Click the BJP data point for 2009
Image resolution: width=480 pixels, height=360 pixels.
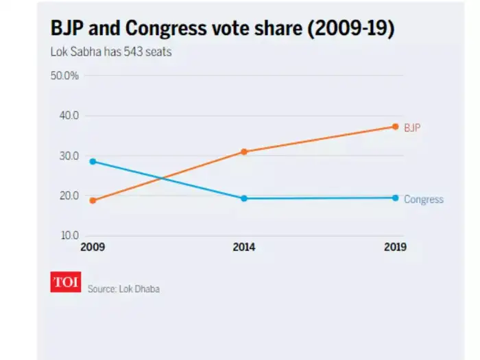pos(93,200)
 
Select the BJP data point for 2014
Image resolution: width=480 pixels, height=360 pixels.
pos(243,152)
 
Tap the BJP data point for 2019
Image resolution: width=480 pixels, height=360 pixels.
pos(395,126)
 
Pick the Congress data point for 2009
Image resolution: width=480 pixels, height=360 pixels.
pos(93,161)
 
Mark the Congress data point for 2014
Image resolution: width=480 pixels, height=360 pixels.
pos(243,198)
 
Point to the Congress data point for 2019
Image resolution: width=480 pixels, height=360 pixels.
pos(395,197)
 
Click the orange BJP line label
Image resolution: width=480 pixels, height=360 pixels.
pos(412,128)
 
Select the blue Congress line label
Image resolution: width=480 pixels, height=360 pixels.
pos(423,200)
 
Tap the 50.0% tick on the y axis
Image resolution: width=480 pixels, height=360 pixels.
pos(65,75)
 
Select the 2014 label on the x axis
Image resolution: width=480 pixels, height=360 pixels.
pos(243,248)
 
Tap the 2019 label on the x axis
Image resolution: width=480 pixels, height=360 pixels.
pos(394,248)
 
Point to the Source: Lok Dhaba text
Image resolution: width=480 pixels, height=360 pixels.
pos(123,289)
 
